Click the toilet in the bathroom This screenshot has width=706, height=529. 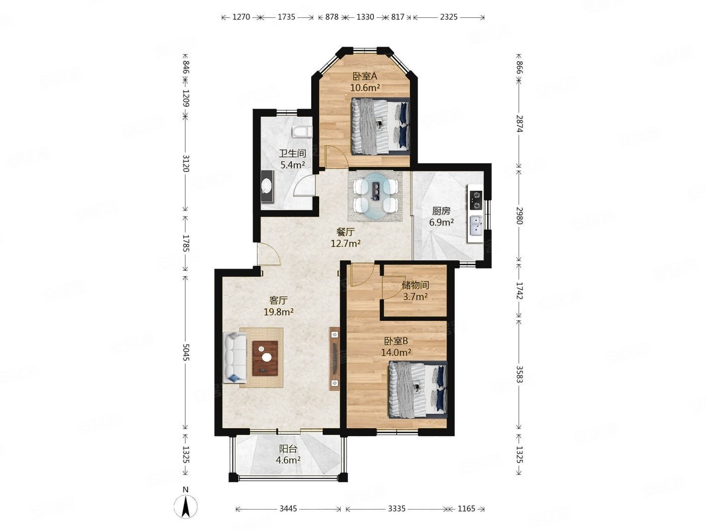click(302, 132)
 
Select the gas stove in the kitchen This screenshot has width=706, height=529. click(476, 200)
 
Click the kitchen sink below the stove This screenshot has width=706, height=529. click(476, 226)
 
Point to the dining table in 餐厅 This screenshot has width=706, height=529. click(375, 196)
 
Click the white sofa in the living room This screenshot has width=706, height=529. click(235, 358)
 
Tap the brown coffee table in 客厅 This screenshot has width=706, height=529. click(265, 358)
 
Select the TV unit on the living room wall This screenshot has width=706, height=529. click(334, 359)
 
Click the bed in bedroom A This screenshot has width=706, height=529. click(380, 126)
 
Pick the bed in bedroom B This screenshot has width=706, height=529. click(418, 389)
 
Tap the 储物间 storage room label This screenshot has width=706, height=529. click(415, 285)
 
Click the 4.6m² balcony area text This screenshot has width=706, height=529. click(288, 460)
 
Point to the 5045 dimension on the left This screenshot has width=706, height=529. click(185, 352)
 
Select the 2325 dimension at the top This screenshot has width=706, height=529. click(448, 17)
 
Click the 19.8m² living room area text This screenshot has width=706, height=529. click(278, 312)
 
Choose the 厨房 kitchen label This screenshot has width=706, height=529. click(441, 211)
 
